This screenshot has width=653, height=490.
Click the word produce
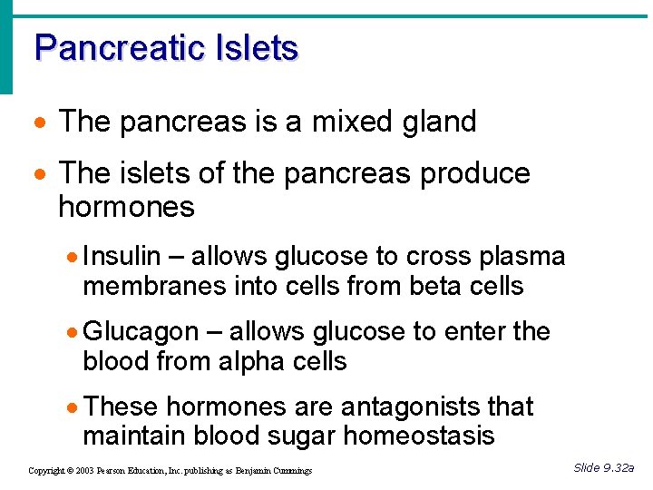[x=475, y=173]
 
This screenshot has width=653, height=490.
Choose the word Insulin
[x=122, y=257]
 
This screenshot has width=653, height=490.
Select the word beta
[x=438, y=287]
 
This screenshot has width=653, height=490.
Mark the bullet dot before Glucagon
[x=73, y=333]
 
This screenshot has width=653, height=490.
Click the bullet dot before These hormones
[x=73, y=407]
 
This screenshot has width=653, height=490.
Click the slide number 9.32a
[x=619, y=468]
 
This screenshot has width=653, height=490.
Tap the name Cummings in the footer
[x=289, y=471]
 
